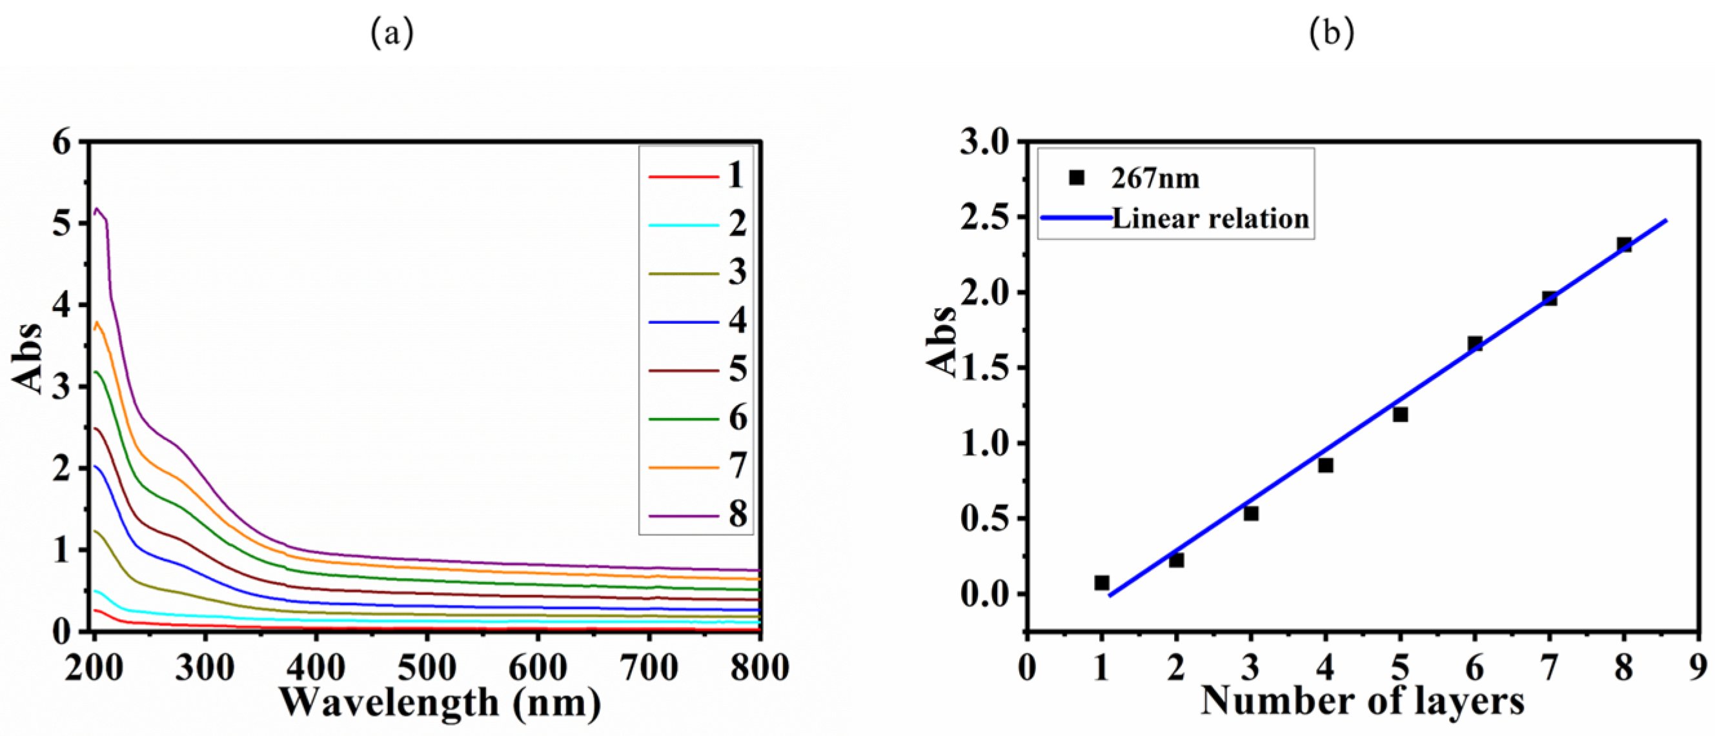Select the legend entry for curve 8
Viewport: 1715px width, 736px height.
click(x=737, y=514)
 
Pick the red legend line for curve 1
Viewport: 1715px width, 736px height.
click(x=683, y=177)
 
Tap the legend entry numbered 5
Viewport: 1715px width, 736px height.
click(x=737, y=370)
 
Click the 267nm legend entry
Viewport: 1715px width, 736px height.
click(x=1155, y=178)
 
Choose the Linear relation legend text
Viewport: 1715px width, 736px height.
click(x=1210, y=218)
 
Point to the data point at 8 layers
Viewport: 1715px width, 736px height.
click(x=1624, y=245)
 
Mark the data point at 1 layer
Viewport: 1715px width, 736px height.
click(x=1102, y=583)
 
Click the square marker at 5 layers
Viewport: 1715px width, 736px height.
click(x=1400, y=415)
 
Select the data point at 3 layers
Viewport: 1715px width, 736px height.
click(x=1251, y=513)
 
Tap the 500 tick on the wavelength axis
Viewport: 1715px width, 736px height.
click(x=426, y=667)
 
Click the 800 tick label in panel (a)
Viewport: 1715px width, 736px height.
click(x=759, y=667)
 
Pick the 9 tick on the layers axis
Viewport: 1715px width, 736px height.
click(x=1698, y=667)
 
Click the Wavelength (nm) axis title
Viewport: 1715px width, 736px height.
click(x=440, y=702)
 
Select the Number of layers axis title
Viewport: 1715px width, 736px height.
click(x=1362, y=701)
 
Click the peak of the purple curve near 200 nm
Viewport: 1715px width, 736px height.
click(x=97, y=208)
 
